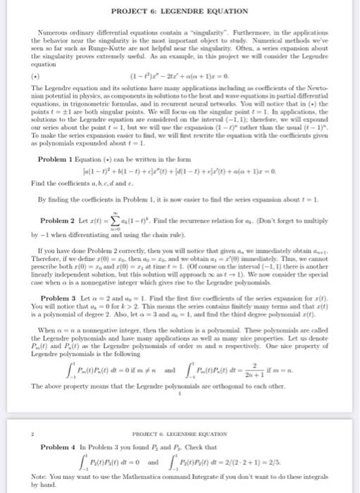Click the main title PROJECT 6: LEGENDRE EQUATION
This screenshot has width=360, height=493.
coord(180,11)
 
